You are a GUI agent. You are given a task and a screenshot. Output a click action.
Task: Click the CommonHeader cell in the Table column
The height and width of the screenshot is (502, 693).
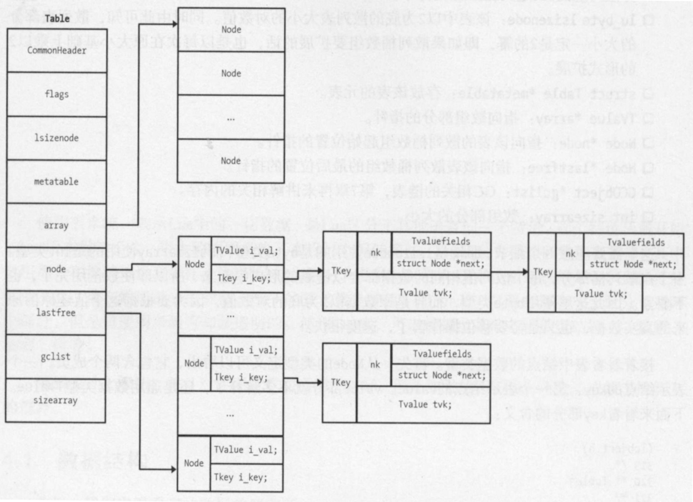click(x=57, y=51)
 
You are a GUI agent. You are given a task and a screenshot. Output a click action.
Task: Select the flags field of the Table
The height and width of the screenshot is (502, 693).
click(x=57, y=94)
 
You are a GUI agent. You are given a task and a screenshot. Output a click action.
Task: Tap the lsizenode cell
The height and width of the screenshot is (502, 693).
click(x=57, y=137)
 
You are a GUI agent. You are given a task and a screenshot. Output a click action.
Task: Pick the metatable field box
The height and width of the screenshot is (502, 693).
click(x=57, y=181)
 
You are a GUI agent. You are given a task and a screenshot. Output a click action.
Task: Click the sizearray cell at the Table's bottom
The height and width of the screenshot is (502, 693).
click(x=57, y=399)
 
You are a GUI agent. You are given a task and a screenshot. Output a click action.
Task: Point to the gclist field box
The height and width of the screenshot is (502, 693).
click(x=57, y=356)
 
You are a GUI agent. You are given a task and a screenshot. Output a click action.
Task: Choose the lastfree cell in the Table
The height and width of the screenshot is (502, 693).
click(x=57, y=312)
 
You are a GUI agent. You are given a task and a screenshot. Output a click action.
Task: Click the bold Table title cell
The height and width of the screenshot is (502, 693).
click(x=57, y=18)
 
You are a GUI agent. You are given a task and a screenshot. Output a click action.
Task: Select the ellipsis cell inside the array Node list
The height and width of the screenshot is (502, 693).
click(x=231, y=117)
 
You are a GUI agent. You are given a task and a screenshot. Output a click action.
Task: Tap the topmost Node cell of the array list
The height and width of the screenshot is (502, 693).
click(x=231, y=29)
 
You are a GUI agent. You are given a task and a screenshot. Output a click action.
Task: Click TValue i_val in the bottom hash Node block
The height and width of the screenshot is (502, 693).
click(x=245, y=450)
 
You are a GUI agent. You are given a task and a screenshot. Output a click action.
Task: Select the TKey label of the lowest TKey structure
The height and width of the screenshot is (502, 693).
click(x=340, y=382)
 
